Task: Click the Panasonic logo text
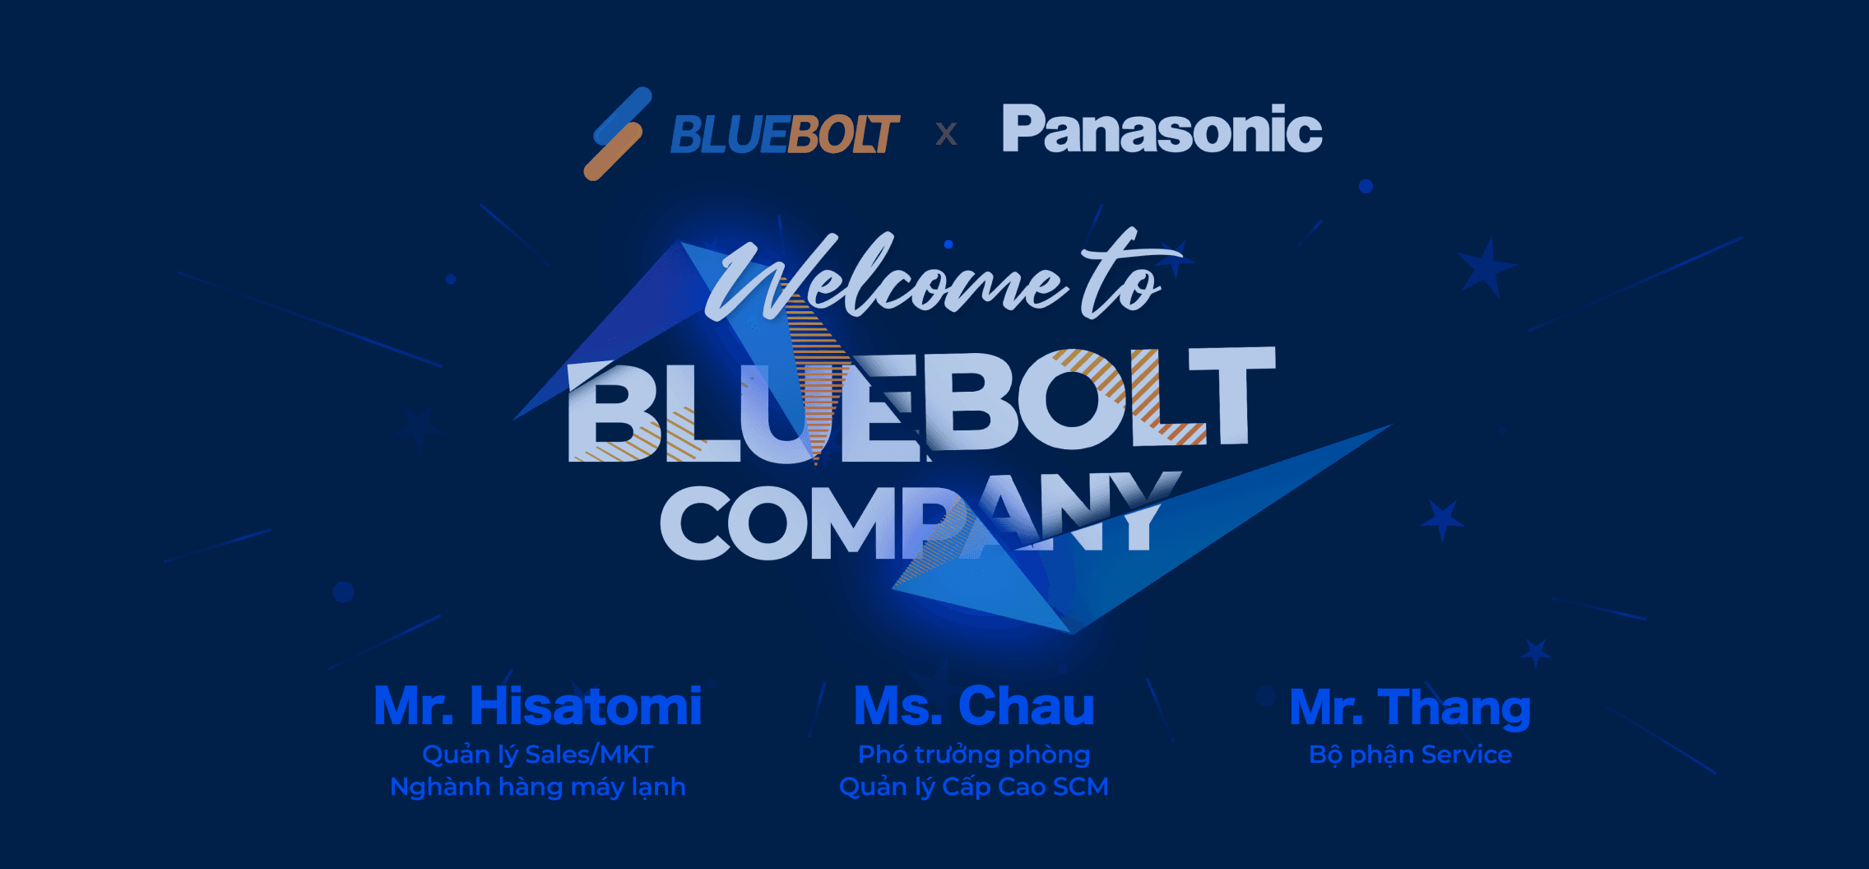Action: [1162, 130]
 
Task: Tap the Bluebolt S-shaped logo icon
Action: [618, 133]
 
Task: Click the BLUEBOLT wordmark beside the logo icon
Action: [785, 134]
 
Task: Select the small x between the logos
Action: [947, 133]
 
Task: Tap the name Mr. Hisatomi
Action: [538, 706]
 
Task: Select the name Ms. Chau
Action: [974, 706]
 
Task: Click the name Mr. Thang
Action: [1410, 708]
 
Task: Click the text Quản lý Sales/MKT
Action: [538, 755]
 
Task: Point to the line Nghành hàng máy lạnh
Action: [538, 787]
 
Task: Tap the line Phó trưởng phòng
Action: [974, 755]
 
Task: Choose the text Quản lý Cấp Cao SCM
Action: [974, 787]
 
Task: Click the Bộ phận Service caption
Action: [1410, 755]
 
